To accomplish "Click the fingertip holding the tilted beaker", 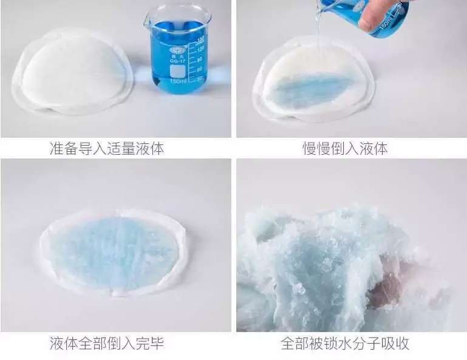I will [x=367, y=24].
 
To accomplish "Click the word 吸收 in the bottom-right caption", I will [x=395, y=344].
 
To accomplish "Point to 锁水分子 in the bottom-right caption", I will [x=352, y=344].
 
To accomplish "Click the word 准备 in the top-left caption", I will [x=64, y=148].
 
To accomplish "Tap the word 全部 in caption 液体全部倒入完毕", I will [x=92, y=344].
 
